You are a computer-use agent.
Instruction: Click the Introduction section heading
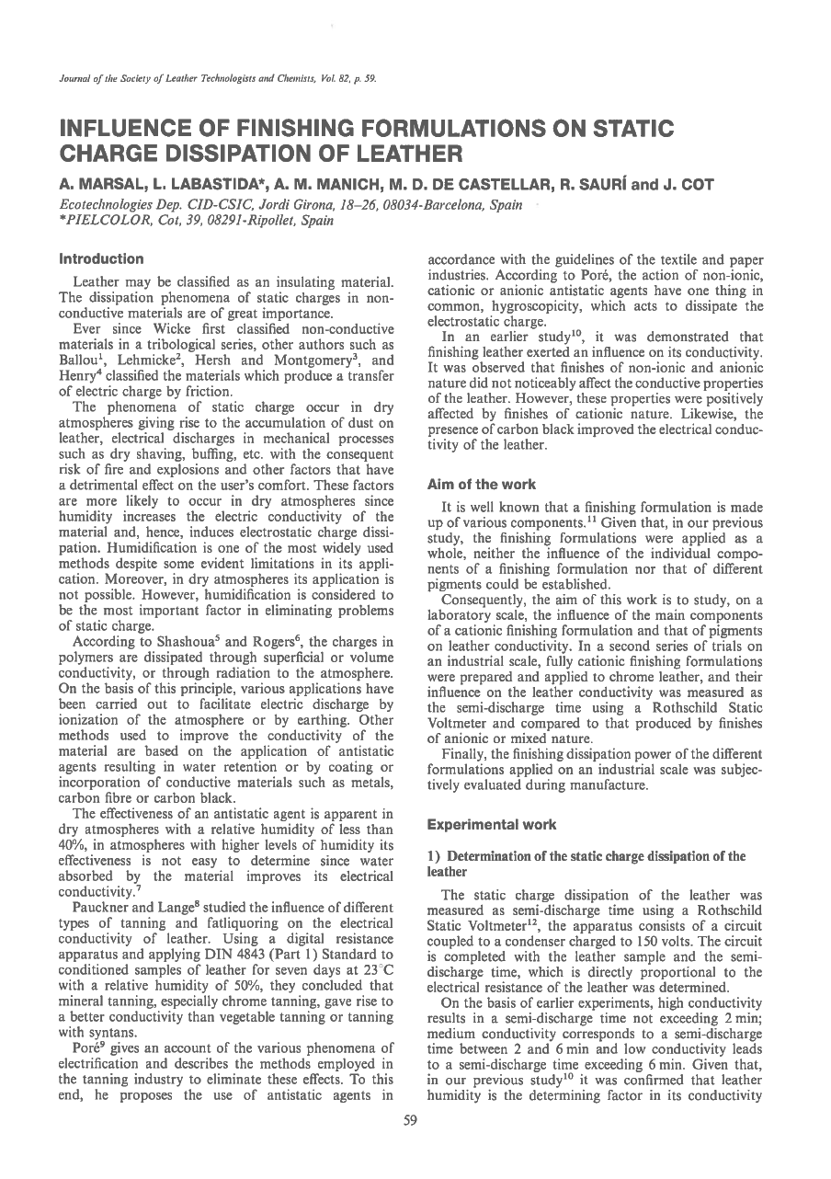[x=101, y=259]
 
